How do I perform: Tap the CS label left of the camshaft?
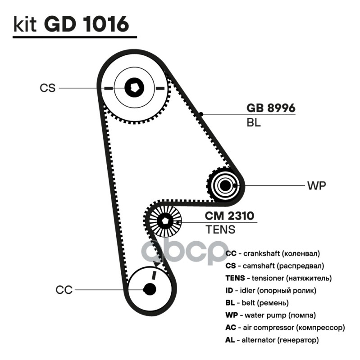coord(47,88)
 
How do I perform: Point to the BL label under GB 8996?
coord(253,122)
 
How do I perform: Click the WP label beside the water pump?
coord(316,185)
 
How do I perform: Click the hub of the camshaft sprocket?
coord(134,87)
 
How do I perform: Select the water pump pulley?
coord(225,185)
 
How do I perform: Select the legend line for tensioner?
coord(278,278)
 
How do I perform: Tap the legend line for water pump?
coord(270,315)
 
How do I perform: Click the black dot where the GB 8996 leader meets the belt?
coord(203,114)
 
